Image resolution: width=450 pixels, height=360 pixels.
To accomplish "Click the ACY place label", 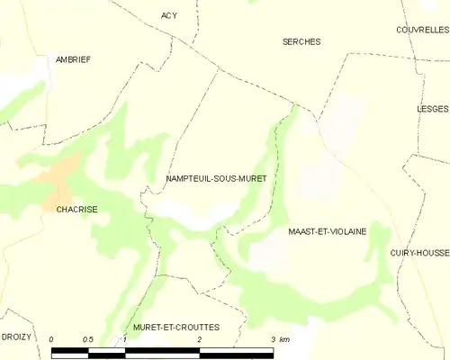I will pyautogui.click(x=169, y=15).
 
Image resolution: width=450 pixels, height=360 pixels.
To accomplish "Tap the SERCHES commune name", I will pyautogui.click(x=301, y=41).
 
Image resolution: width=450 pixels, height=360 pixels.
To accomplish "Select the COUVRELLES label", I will pyautogui.click(x=422, y=30).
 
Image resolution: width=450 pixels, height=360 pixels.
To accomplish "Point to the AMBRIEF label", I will pyautogui.click(x=72, y=59).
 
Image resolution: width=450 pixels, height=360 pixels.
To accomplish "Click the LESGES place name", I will pyautogui.click(x=433, y=107).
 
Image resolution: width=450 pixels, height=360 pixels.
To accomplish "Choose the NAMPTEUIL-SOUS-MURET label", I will pyautogui.click(x=216, y=179).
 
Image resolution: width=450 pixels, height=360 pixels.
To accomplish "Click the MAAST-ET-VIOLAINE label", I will pyautogui.click(x=327, y=231).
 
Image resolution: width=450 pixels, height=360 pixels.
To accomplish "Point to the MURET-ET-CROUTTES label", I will pyautogui.click(x=175, y=327).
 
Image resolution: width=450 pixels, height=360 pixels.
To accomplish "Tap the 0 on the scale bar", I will pyautogui.click(x=52, y=339).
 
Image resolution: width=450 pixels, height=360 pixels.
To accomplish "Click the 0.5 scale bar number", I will pyautogui.click(x=88, y=339).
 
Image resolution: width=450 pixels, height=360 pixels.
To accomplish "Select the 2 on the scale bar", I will pyautogui.click(x=199, y=339).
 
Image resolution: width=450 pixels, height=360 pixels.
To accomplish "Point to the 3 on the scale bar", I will pyautogui.click(x=272, y=339).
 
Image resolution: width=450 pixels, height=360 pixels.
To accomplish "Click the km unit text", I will pyautogui.click(x=284, y=339).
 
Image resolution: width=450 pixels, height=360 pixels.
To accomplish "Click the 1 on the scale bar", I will pyautogui.click(x=125, y=339).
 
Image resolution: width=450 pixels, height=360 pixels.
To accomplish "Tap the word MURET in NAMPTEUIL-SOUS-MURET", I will pyautogui.click(x=250, y=179).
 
